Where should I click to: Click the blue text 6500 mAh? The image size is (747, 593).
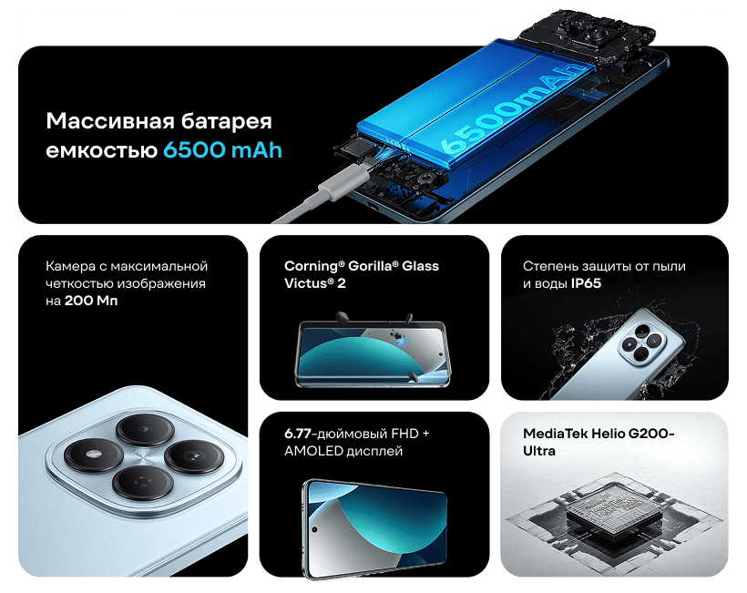[222, 149]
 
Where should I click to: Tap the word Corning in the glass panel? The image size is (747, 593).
[311, 266]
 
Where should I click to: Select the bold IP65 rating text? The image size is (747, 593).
[586, 283]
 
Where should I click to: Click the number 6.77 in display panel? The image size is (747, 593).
[300, 433]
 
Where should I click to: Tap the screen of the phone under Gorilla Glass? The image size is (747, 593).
[373, 350]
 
